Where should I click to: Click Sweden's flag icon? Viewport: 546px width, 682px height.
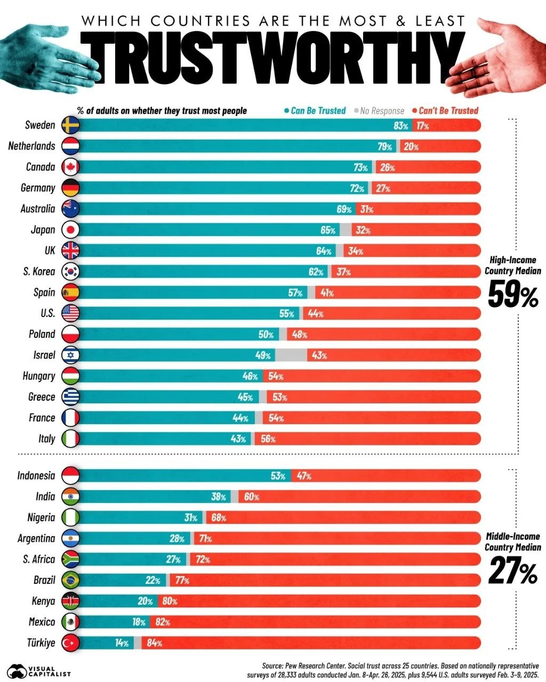click(70, 125)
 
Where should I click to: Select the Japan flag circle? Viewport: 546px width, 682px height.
click(70, 230)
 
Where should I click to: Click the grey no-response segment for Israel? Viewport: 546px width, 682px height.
click(291, 355)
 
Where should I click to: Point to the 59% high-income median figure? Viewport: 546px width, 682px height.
click(513, 296)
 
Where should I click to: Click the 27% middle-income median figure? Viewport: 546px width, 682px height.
click(513, 572)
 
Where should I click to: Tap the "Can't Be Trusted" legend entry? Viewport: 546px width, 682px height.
click(448, 110)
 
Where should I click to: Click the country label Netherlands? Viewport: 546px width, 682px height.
click(31, 146)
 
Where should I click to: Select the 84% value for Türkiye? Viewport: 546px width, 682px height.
click(154, 643)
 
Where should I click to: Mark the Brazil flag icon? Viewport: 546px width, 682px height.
click(70, 580)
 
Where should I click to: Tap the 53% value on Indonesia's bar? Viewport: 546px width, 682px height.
click(278, 476)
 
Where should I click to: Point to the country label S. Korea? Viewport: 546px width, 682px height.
click(39, 272)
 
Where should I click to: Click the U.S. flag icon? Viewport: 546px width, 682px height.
click(70, 313)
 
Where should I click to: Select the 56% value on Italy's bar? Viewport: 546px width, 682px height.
click(268, 439)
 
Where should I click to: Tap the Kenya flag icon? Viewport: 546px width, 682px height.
click(70, 601)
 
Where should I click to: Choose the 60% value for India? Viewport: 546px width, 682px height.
click(252, 497)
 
